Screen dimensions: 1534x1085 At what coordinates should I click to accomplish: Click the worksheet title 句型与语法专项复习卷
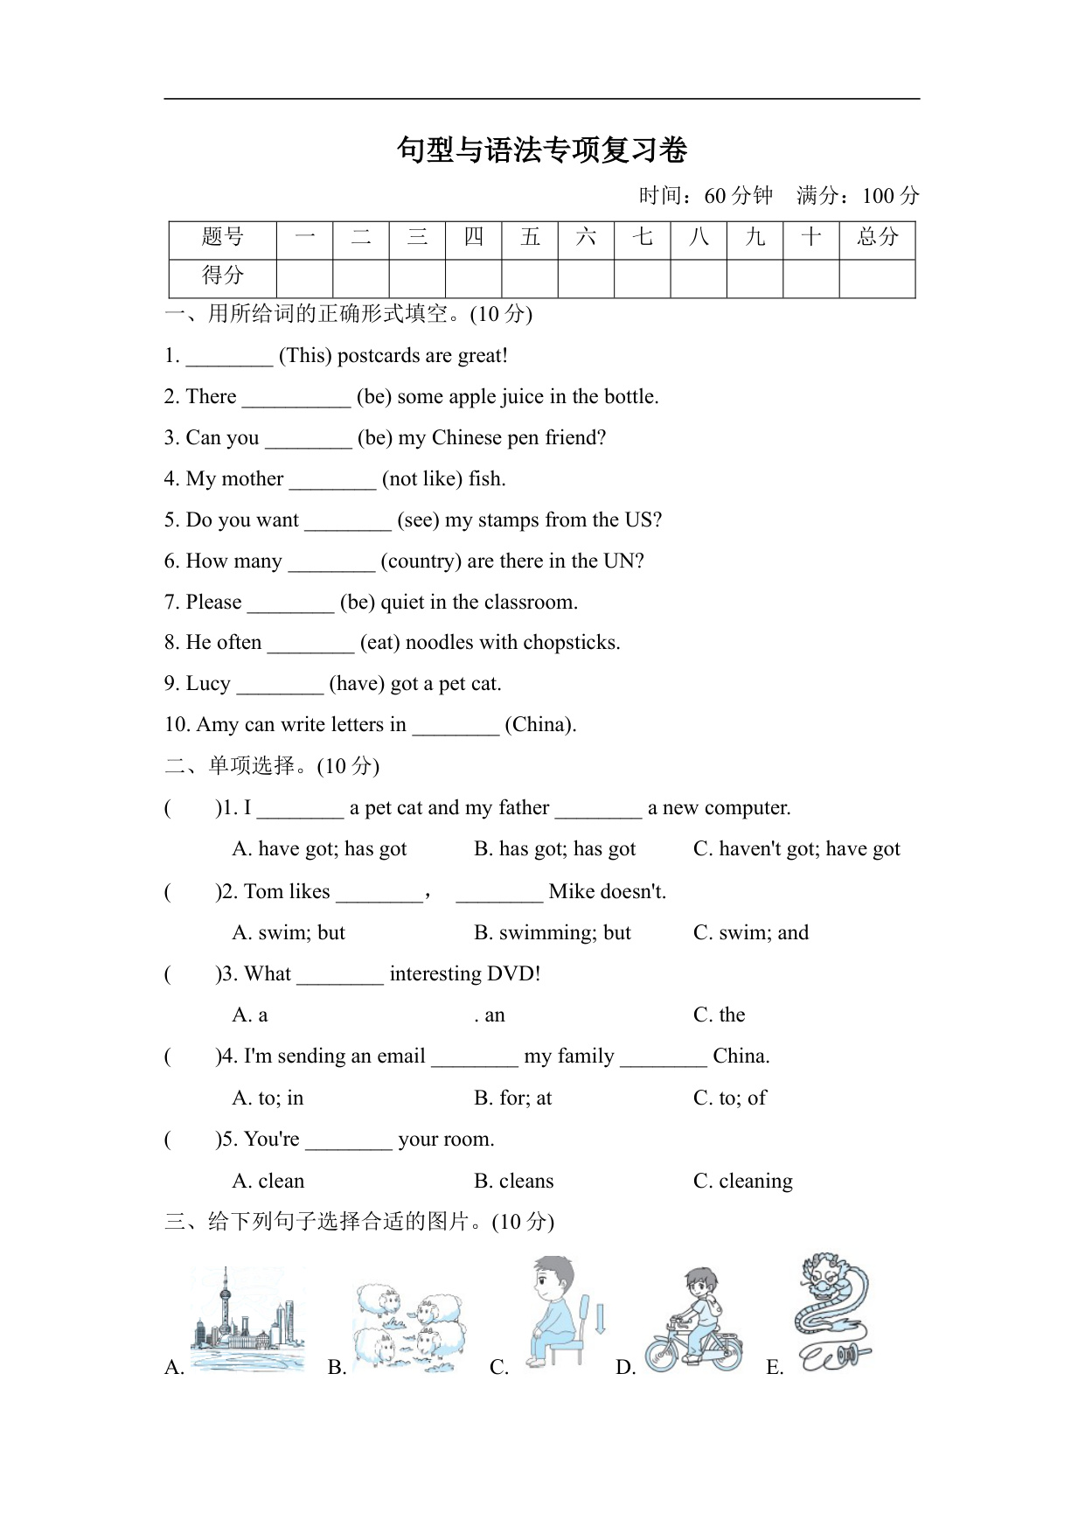[542, 150]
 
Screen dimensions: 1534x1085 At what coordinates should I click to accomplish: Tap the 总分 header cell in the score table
[877, 237]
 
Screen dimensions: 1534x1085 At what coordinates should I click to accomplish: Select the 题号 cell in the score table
[222, 237]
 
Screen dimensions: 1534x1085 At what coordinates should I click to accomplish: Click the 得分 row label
[222, 275]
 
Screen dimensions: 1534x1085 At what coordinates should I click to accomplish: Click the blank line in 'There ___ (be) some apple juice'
[296, 399]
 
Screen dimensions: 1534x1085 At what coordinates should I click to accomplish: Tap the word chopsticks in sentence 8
[574, 643]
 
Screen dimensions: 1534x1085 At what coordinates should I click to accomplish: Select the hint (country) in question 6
[421, 561]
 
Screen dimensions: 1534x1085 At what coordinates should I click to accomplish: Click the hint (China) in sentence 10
[540, 725]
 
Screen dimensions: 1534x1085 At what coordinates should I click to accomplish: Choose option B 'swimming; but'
[552, 933]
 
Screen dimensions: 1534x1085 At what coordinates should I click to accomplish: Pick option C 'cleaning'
[743, 1182]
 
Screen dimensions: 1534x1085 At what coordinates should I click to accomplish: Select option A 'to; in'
[268, 1098]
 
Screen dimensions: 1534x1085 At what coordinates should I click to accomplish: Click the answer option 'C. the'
[719, 1015]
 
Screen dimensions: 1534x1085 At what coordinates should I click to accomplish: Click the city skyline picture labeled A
[247, 1321]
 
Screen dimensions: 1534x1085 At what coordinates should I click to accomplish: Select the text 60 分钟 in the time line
[739, 196]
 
